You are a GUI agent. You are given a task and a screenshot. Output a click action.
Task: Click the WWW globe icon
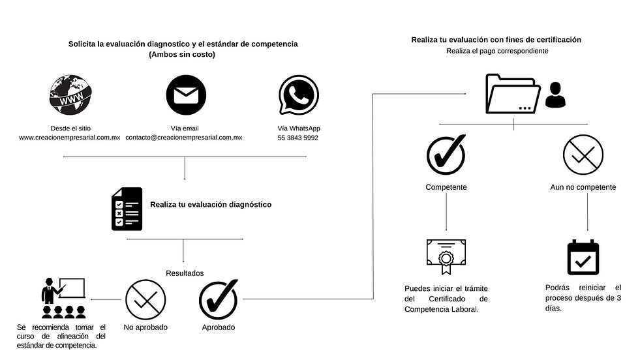click(x=69, y=96)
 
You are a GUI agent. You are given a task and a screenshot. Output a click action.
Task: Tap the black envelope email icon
click(x=184, y=96)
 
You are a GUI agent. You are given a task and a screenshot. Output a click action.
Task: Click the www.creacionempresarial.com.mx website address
click(x=69, y=138)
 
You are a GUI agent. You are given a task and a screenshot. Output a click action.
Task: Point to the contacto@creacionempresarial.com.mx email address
click(x=184, y=138)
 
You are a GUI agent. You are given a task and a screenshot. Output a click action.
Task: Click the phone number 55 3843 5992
click(x=298, y=138)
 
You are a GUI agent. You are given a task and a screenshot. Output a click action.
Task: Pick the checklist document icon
click(x=126, y=209)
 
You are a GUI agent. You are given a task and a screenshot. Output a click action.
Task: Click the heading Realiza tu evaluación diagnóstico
click(x=211, y=204)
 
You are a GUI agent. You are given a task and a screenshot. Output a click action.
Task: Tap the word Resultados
click(x=185, y=273)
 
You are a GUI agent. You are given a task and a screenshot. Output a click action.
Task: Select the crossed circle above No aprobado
click(x=145, y=299)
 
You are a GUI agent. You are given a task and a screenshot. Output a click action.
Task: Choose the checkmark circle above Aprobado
click(x=218, y=299)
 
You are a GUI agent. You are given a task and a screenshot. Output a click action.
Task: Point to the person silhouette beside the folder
click(x=555, y=95)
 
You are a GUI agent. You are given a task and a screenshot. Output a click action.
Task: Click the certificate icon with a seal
click(x=446, y=258)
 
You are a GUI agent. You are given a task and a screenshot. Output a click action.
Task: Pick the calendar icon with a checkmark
click(x=583, y=258)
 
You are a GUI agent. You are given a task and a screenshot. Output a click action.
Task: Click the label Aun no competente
click(x=583, y=187)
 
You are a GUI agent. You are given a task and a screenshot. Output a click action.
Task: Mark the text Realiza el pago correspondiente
click(x=496, y=50)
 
